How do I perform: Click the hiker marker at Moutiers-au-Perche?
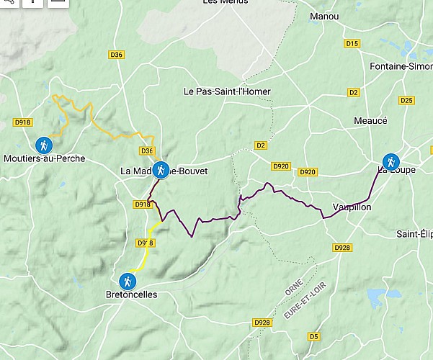pos(45,144)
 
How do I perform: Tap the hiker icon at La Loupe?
pos(391,161)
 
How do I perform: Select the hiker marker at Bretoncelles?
pos(128,281)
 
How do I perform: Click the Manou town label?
pos(323,16)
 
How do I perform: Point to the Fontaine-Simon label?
pos(401,66)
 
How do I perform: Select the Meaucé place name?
pos(370,121)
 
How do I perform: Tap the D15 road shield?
pos(352,44)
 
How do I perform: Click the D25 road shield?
pos(406,100)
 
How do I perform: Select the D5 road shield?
pos(313,336)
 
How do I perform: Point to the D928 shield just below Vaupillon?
pos(342,248)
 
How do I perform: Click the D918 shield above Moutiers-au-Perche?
pos(23,122)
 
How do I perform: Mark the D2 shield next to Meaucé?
pos(353,92)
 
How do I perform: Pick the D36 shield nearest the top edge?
pos(117,54)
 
